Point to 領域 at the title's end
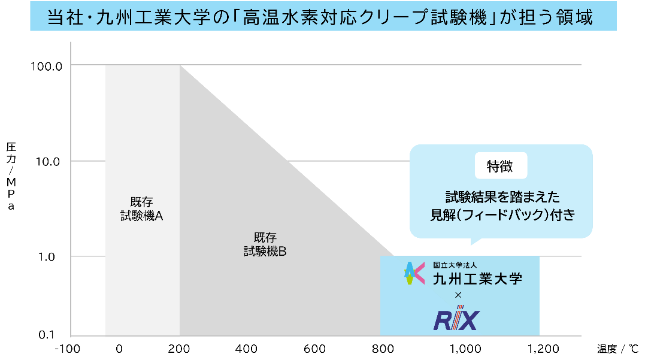574,17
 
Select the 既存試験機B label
265,244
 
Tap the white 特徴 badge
501,166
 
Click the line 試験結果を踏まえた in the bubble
501,196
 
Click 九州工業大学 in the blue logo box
477,279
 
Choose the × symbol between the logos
458,295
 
